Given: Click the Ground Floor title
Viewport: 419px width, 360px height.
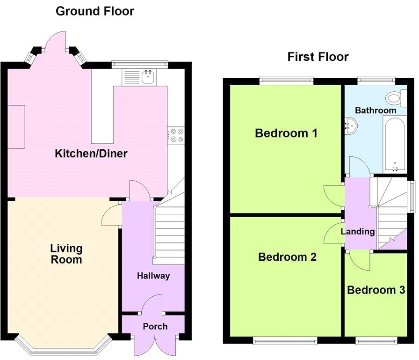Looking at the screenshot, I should pyautogui.click(x=95, y=11).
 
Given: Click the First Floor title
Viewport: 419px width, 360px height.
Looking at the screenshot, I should pyautogui.click(x=318, y=57).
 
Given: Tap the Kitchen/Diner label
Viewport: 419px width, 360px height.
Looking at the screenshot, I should pyautogui.click(x=91, y=154).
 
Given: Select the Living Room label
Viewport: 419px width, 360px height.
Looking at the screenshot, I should pyautogui.click(x=66, y=254).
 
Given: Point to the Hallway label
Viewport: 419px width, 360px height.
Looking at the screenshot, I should pyautogui.click(x=153, y=276).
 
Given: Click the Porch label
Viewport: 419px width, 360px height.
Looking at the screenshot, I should pyautogui.click(x=155, y=326).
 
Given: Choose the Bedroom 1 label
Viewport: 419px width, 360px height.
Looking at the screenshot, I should pyautogui.click(x=286, y=133).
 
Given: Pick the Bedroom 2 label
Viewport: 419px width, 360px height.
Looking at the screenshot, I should pyautogui.click(x=287, y=257).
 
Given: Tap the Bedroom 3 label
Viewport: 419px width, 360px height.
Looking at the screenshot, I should pyautogui.click(x=376, y=290).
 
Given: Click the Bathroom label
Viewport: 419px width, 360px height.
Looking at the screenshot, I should pyautogui.click(x=375, y=110).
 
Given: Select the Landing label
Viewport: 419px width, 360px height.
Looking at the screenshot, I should pyautogui.click(x=357, y=231).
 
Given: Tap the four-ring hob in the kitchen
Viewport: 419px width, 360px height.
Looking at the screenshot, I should pyautogui.click(x=177, y=135).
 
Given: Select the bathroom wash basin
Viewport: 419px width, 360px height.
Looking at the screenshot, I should pyautogui.click(x=351, y=125).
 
